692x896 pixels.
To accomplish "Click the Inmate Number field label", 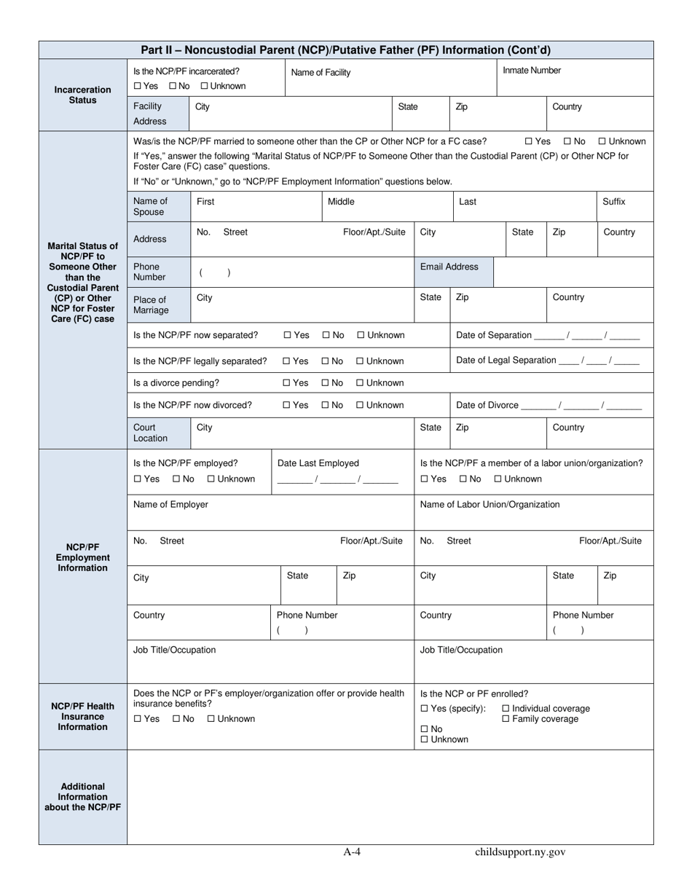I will (532, 71).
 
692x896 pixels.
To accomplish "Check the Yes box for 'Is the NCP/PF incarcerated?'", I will (137, 86).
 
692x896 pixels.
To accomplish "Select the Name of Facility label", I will (321, 72).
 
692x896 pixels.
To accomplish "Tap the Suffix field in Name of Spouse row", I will (613, 202).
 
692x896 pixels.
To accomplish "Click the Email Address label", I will (449, 267).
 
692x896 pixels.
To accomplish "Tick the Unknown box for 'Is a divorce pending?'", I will (360, 383).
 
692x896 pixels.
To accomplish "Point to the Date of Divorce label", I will (487, 405).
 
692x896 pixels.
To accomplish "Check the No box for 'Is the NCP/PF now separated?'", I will (326, 335).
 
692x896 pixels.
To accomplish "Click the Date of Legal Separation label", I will (506, 360).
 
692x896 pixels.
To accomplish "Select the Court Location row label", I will (150, 433).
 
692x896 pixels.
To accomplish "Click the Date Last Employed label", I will (318, 463).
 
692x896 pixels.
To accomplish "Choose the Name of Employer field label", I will (170, 504).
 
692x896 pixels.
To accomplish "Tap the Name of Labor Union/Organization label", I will (489, 504).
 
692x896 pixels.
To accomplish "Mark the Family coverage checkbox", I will (506, 720).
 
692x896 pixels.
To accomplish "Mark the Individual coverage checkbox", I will (506, 709).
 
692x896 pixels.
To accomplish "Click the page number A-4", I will (352, 852).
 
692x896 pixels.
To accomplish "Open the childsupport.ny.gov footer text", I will (519, 852).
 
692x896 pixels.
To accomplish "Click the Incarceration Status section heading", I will (82, 95).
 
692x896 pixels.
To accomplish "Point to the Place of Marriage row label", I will (150, 304).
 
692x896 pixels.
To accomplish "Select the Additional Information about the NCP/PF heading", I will (82, 797).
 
